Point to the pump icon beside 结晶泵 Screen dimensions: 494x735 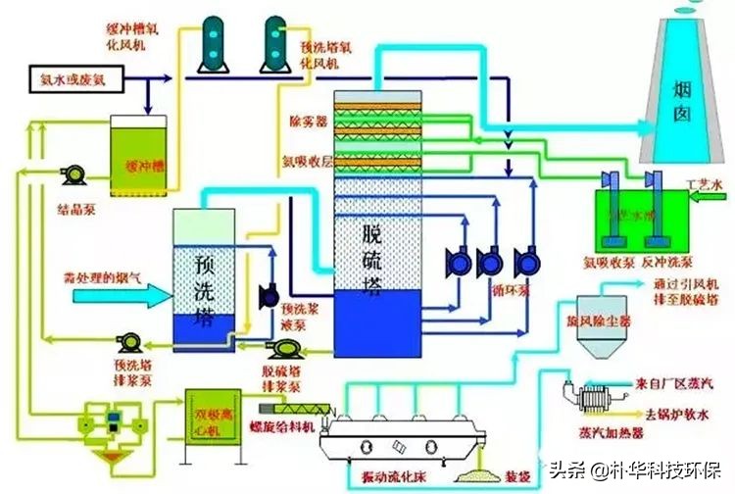tap(72, 173)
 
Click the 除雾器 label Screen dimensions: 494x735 tap(308, 123)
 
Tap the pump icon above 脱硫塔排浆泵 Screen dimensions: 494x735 tap(285, 349)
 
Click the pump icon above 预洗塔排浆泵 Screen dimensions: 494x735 tap(128, 343)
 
